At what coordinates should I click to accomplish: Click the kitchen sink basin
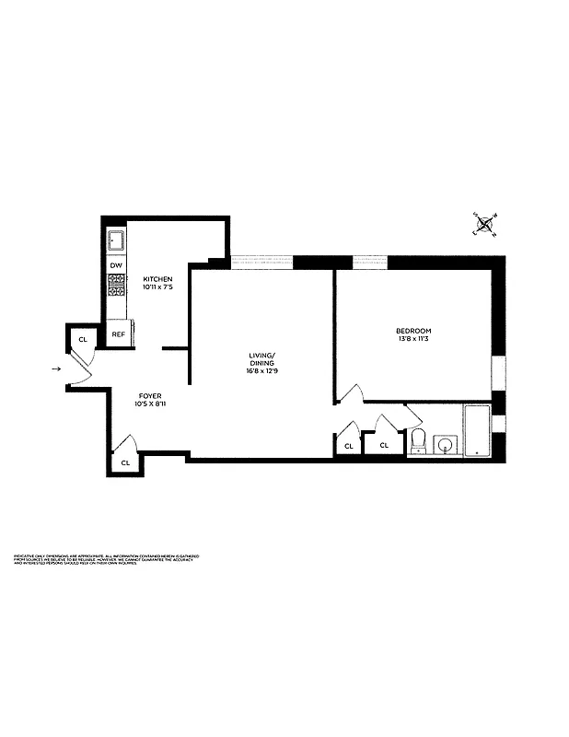pos(116,242)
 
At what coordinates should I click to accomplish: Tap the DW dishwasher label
pos(116,265)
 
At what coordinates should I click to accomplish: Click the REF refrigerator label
pos(117,334)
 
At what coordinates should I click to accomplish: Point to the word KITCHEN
pos(157,279)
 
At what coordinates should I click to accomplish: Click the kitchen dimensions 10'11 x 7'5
pos(157,287)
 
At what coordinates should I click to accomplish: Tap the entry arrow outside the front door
pos(57,369)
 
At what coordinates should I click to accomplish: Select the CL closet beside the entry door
pos(82,339)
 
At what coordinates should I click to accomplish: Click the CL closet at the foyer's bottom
pos(125,462)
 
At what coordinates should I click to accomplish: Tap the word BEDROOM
pos(413,331)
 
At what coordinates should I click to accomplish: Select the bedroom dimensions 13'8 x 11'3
pos(413,339)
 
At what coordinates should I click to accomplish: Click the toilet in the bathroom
pos(417,440)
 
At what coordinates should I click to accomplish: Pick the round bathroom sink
pos(445,446)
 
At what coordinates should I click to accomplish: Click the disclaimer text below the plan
pos(106,560)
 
